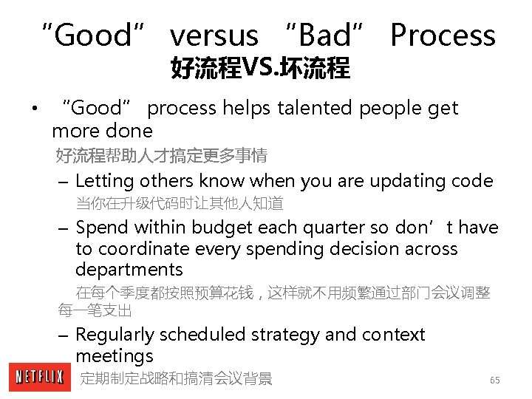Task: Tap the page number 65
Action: (494, 380)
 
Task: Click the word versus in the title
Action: (214, 35)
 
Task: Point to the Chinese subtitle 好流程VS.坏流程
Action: (260, 69)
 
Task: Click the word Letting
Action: (103, 181)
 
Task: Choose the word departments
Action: (129, 270)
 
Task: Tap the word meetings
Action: (114, 356)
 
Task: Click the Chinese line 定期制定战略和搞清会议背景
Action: (176, 379)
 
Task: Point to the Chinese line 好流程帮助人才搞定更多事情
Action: (162, 156)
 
